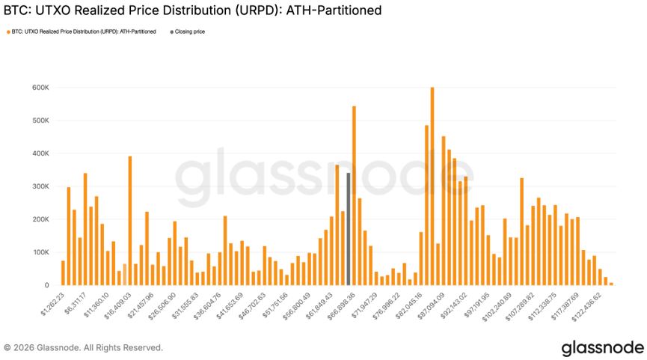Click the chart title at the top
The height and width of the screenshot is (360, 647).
193,10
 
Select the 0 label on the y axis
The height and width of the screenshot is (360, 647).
46,285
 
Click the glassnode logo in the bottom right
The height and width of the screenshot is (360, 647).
602,347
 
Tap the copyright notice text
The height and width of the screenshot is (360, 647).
83,347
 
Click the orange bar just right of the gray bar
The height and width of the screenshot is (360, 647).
354,195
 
